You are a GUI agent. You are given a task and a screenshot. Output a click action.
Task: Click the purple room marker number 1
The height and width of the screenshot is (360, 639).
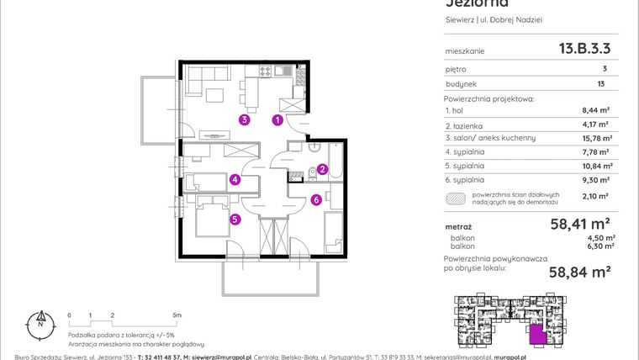[277, 120]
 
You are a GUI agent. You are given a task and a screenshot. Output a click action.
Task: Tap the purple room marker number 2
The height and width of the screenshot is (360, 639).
[322, 169]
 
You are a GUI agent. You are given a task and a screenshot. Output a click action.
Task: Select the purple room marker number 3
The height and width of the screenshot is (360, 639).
[244, 120]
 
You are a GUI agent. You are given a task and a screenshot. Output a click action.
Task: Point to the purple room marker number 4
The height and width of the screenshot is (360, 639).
[235, 179]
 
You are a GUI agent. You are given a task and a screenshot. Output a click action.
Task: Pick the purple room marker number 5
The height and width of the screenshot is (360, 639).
[235, 220]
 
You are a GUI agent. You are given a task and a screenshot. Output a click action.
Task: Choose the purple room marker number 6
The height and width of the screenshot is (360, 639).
[315, 199]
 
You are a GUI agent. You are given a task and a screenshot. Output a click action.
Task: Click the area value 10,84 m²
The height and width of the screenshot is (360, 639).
[594, 166]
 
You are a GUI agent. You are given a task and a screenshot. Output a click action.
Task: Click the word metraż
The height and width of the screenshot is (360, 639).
[458, 227]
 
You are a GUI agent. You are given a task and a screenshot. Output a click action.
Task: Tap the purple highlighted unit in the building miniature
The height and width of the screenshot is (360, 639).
[536, 336]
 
